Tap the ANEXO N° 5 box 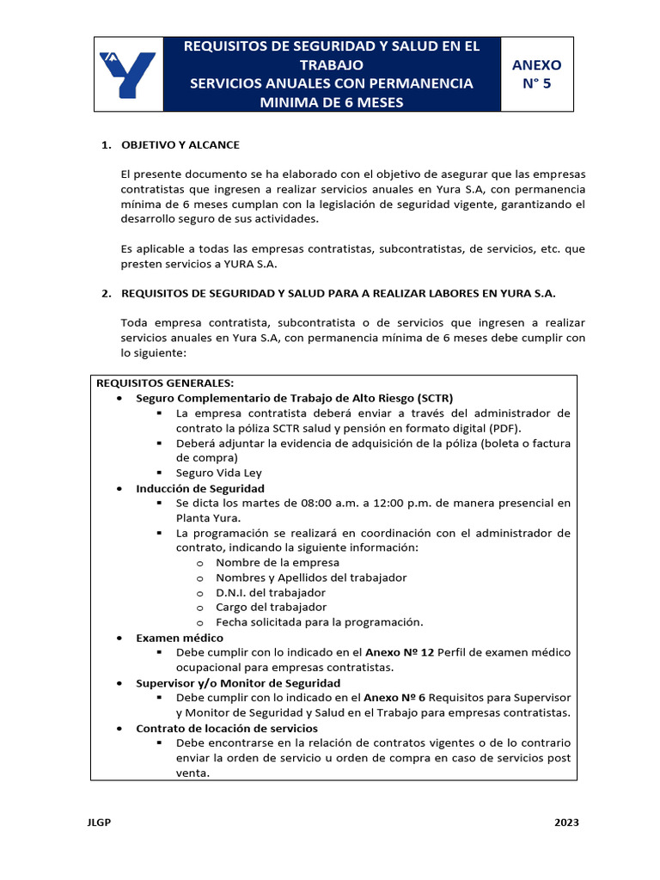pos(536,75)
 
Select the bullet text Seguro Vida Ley pos(219,473)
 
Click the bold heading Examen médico pos(180,638)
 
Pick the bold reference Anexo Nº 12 pos(400,652)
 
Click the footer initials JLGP pos(100,822)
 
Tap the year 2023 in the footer pos(566,822)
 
